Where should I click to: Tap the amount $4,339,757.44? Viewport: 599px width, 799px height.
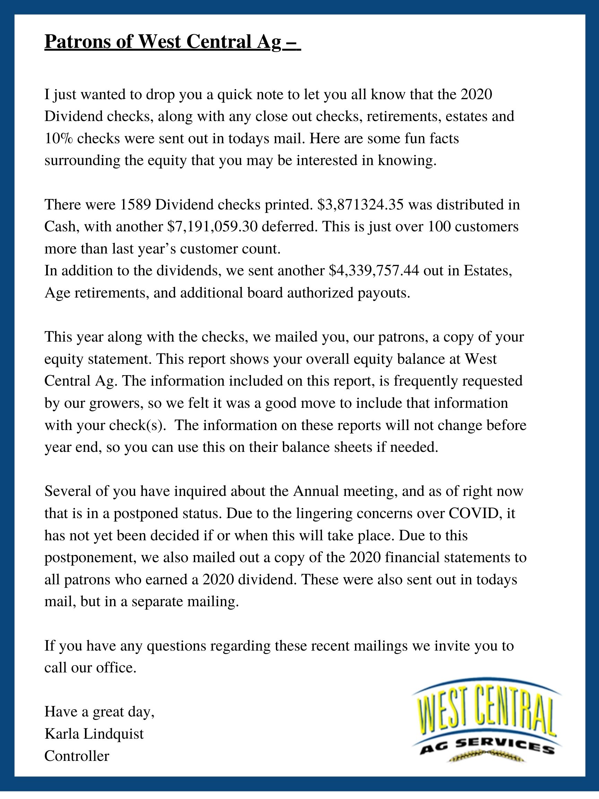374,270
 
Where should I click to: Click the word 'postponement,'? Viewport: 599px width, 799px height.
90,557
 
